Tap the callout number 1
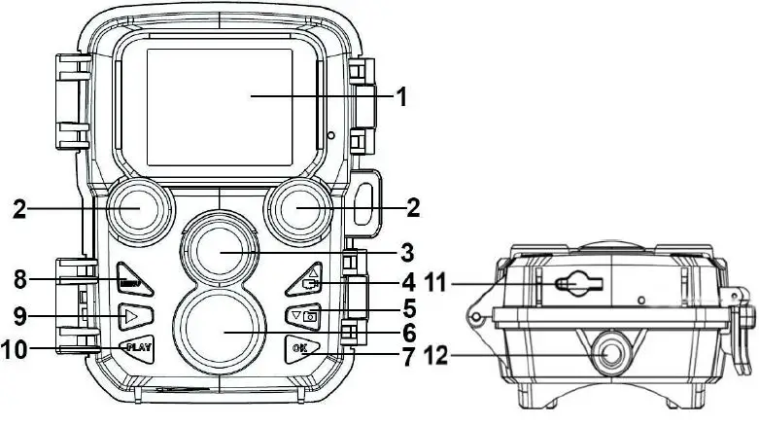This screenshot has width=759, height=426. (x=399, y=97)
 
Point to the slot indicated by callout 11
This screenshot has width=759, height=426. (x=581, y=283)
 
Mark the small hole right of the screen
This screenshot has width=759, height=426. (x=332, y=135)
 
